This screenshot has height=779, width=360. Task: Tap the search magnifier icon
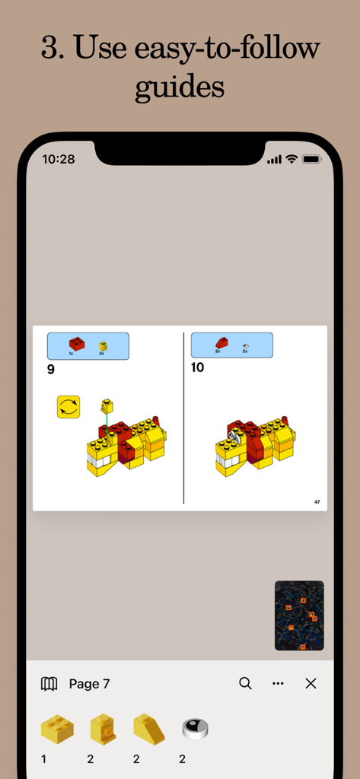[245, 683]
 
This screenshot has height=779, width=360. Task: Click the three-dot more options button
[278, 683]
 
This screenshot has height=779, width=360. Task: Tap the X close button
[311, 683]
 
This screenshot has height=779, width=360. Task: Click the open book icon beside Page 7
[49, 683]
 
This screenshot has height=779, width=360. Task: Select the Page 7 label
[89, 684]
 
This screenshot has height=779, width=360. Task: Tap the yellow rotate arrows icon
[68, 406]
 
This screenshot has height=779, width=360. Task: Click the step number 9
[51, 370]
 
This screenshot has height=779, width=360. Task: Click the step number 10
[198, 367]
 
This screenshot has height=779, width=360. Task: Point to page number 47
[317, 501]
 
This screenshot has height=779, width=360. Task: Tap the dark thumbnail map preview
[299, 615]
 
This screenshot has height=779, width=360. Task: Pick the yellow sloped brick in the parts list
[148, 729]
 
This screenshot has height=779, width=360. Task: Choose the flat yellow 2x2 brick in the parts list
[57, 729]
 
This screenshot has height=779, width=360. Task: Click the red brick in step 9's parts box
[76, 344]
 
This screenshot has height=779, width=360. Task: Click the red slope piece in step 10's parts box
[221, 343]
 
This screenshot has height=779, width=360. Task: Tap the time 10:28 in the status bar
[59, 159]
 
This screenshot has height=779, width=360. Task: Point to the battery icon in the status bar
[311, 159]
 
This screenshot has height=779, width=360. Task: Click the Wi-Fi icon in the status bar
[291, 159]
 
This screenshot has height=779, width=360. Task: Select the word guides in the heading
[180, 87]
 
